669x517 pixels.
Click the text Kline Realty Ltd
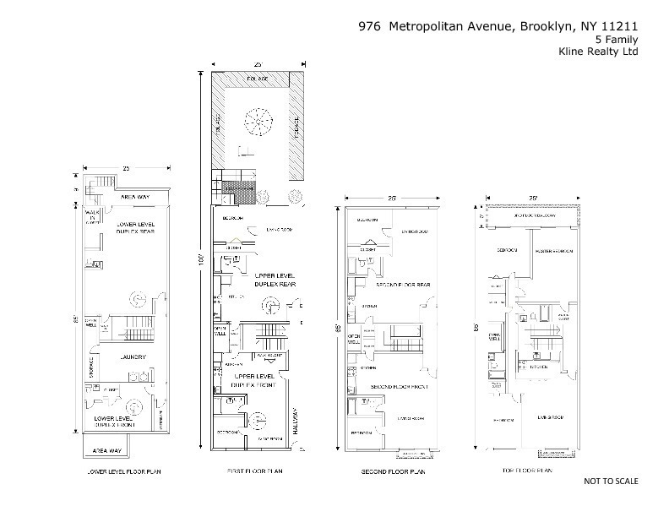600,51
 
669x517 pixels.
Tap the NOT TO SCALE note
611,481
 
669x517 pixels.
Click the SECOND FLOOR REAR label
403,286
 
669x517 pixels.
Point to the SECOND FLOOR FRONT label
400,386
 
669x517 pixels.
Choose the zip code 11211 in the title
620,25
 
